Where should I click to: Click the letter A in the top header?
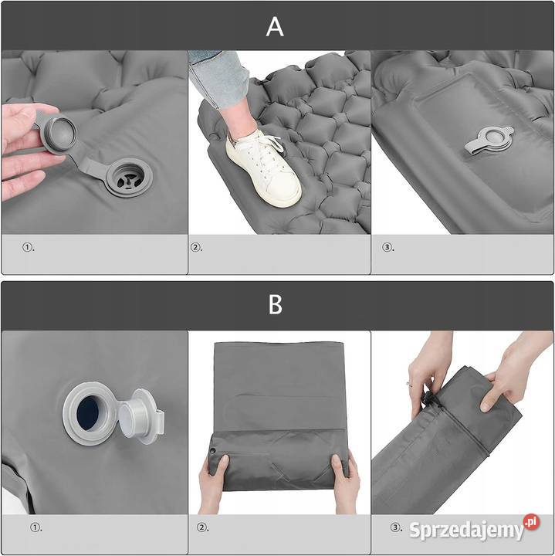pyautogui.click(x=275, y=27)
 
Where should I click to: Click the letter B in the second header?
pyautogui.click(x=276, y=304)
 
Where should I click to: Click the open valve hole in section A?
pyautogui.click(x=129, y=178)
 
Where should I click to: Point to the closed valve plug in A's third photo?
pyautogui.click(x=490, y=141)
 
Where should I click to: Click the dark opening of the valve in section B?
pyautogui.click(x=87, y=413)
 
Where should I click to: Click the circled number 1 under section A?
pyautogui.click(x=28, y=247)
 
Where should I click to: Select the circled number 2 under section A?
pyautogui.click(x=196, y=247)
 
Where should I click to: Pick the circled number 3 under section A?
pyautogui.click(x=387, y=247)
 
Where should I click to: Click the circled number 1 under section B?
pyautogui.click(x=36, y=527)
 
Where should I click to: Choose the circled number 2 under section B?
pyautogui.click(x=202, y=527)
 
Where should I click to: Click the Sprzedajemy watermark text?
pyautogui.click(x=466, y=531)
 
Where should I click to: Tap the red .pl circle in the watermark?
pyautogui.click(x=532, y=522)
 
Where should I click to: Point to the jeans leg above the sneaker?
pyautogui.click(x=218, y=77)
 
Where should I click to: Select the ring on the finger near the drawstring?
pyautogui.click(x=408, y=383)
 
